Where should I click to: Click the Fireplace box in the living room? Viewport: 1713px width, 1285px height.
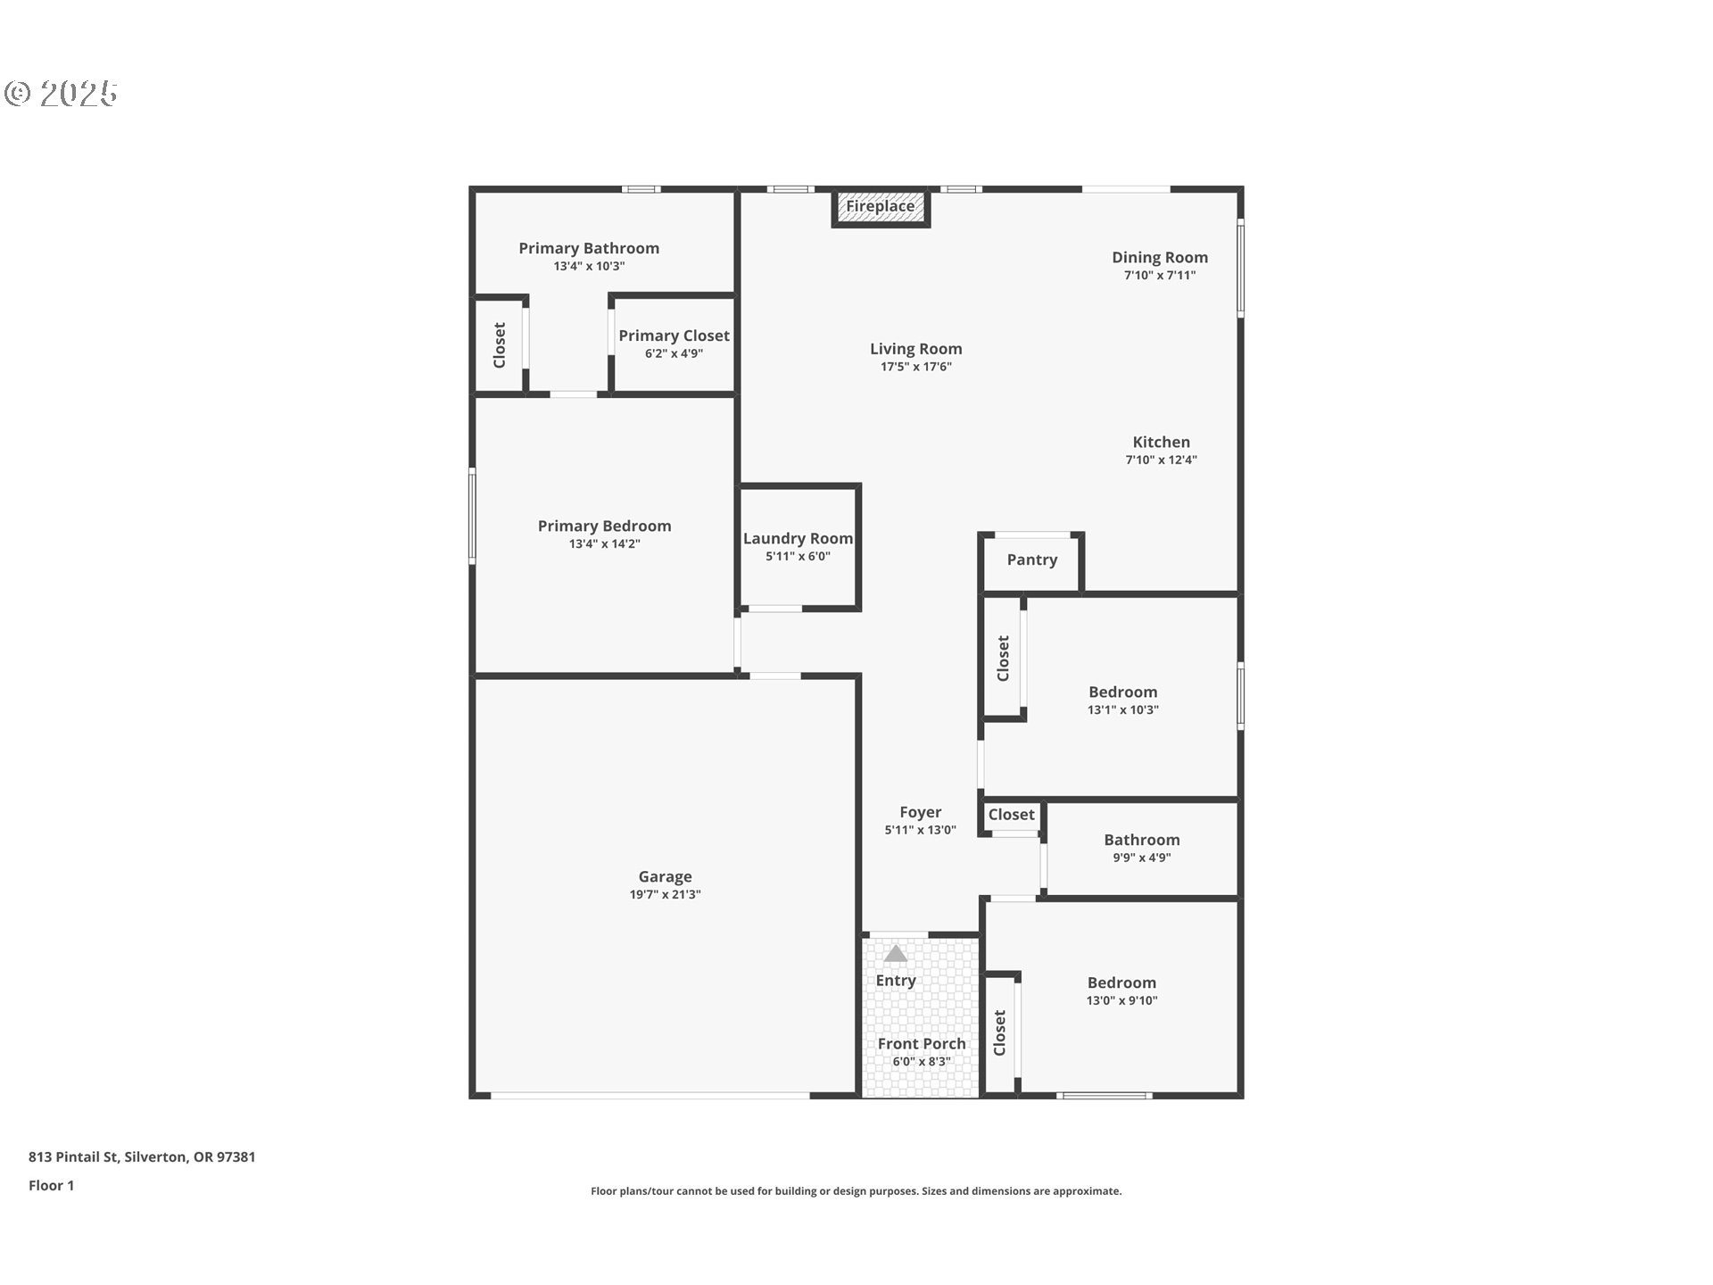tap(881, 208)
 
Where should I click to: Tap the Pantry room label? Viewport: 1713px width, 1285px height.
tap(1032, 560)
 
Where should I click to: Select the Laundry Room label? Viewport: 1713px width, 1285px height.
tap(798, 538)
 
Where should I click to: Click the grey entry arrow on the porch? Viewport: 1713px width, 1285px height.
tap(896, 954)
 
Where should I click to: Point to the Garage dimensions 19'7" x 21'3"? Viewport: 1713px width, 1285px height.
tap(666, 894)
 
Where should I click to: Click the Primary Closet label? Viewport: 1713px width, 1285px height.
tap(674, 336)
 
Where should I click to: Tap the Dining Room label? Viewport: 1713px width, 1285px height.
tap(1160, 257)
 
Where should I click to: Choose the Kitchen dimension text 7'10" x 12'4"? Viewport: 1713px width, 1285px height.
tap(1161, 460)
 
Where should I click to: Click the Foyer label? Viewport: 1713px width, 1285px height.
tap(920, 812)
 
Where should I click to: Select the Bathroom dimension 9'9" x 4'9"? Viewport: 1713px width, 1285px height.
tap(1142, 858)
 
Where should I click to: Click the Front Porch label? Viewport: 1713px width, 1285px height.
tap(922, 1043)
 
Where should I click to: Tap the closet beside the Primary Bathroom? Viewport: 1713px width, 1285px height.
tap(500, 344)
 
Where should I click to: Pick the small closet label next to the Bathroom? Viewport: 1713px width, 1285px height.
tap(1011, 814)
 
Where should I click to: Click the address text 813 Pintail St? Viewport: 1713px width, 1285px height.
tap(73, 1156)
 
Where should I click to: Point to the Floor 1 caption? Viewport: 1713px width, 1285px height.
tap(51, 1185)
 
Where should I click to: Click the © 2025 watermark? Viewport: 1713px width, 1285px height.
tap(61, 93)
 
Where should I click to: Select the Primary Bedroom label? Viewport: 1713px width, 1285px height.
tap(604, 526)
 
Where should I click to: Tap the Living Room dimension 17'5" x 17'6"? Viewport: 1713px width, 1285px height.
tap(916, 367)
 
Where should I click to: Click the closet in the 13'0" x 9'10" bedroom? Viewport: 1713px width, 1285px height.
tap(999, 1032)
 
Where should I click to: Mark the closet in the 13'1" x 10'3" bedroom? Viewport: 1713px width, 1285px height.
tap(1003, 658)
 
